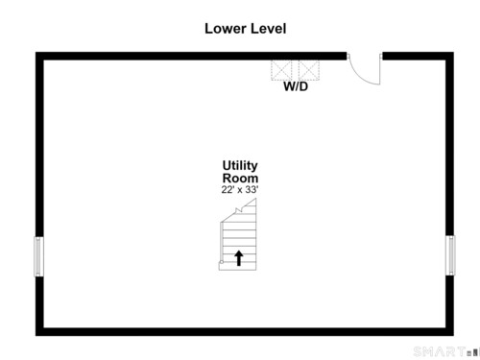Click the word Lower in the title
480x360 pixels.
click(x=226, y=29)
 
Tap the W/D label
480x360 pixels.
click(x=296, y=86)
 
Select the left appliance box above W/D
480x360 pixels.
click(x=281, y=70)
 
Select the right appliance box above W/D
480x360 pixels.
click(x=309, y=70)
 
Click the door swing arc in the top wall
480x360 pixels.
click(x=358, y=76)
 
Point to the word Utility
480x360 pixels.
click(x=240, y=166)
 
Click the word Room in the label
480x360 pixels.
click(x=240, y=178)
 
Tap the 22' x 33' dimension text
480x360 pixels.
click(x=240, y=189)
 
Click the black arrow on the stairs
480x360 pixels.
click(x=239, y=258)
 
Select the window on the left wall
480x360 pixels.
click(x=38, y=256)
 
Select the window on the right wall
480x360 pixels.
click(x=450, y=255)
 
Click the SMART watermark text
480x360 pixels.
click(x=439, y=351)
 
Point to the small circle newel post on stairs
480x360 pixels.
click(x=222, y=262)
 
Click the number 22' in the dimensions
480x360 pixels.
click(x=227, y=189)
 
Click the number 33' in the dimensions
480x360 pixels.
click(x=252, y=189)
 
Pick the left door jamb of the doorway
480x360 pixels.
click(x=348, y=57)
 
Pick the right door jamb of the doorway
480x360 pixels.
click(x=381, y=57)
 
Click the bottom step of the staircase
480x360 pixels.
click(x=237, y=266)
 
